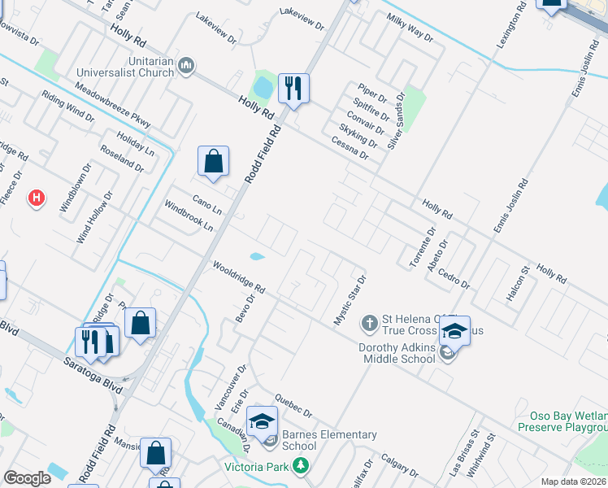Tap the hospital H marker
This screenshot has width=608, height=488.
click(36, 198)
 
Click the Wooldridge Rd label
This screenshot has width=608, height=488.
click(239, 277)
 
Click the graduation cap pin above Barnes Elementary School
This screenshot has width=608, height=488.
click(262, 420)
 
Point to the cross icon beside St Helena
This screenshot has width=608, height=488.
click(369, 324)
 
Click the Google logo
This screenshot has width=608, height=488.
click(27, 478)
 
